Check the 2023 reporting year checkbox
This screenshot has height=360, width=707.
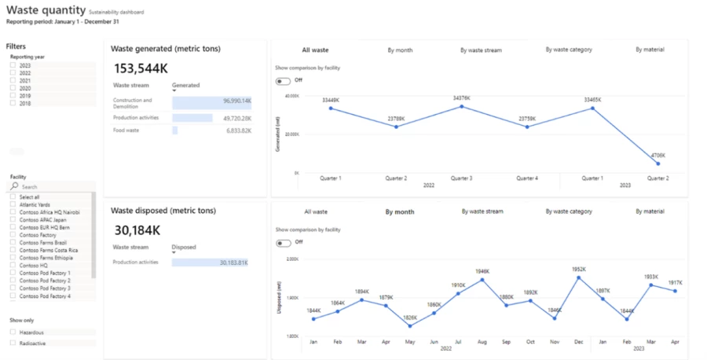click(13, 65)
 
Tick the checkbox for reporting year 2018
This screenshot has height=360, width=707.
click(13, 103)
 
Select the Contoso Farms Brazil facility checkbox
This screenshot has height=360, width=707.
click(13, 242)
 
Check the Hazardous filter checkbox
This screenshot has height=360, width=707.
click(13, 332)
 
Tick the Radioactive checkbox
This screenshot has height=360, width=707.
click(13, 343)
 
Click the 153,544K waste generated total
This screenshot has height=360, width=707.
click(141, 68)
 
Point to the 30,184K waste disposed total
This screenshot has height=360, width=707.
click(137, 230)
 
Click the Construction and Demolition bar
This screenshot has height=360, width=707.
click(212, 101)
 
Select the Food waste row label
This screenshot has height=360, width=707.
click(126, 130)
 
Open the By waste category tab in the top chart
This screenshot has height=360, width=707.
click(569, 50)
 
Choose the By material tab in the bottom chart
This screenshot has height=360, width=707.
click(650, 211)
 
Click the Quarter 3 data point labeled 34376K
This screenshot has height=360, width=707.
click(461, 106)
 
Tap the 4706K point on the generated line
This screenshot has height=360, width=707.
click(658, 163)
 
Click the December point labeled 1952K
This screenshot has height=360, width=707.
click(578, 277)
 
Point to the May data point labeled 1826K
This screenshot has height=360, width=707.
click(410, 325)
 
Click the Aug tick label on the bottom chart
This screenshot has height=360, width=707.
click(482, 342)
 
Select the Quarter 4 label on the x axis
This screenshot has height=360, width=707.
click(526, 178)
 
